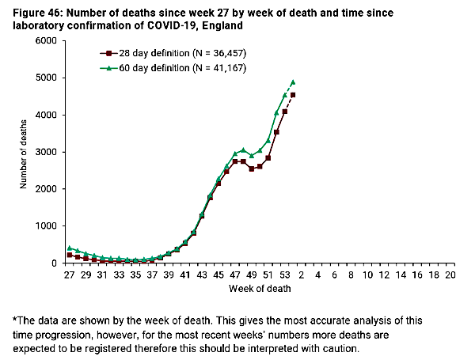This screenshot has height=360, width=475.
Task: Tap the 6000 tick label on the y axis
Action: (44, 40)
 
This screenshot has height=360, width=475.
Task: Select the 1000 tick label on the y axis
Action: (44, 226)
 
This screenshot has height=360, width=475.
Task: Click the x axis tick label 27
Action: (69, 275)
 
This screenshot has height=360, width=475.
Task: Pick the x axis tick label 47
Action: (235, 275)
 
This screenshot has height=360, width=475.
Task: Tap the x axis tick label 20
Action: (450, 275)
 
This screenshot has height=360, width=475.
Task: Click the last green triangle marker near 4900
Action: (293, 82)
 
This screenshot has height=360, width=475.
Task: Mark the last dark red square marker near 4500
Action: (293, 95)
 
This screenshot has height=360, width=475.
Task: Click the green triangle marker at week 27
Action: (70, 248)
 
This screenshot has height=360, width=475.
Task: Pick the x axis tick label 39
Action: (169, 275)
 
